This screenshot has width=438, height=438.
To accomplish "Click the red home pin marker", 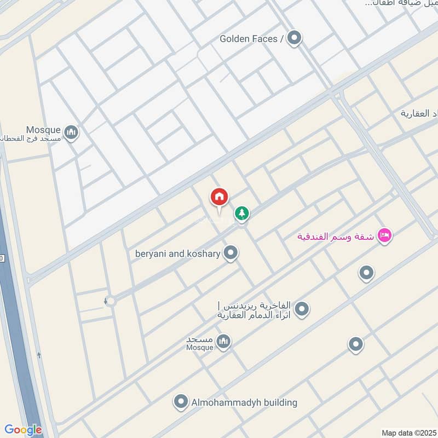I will point(220,198).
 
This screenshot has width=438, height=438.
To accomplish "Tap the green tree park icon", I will point(241,213).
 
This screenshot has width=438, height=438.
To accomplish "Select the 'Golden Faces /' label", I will point(252,38).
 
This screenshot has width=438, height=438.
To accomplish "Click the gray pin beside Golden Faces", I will point(295,38).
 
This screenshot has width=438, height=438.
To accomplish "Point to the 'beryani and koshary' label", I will point(178,253).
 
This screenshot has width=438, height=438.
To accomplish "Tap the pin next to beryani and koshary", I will point(231,253).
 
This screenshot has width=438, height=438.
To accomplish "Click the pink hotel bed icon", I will point(385,236).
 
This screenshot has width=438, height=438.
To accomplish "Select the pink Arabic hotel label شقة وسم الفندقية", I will point(335,237).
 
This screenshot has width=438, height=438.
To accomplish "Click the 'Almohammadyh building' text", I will point(244,402).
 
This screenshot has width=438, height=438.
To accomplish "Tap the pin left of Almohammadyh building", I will point(180,402).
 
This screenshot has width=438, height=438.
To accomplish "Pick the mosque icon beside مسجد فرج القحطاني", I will point(71,132).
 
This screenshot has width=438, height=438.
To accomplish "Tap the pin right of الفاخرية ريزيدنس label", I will point(301,310).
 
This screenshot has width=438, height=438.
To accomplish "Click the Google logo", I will point(22,430).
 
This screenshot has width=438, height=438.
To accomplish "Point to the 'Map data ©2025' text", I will point(408,433).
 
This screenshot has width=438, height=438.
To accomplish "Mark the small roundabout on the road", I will point(111,301).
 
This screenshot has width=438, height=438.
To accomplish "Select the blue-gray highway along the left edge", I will point(16,328).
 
